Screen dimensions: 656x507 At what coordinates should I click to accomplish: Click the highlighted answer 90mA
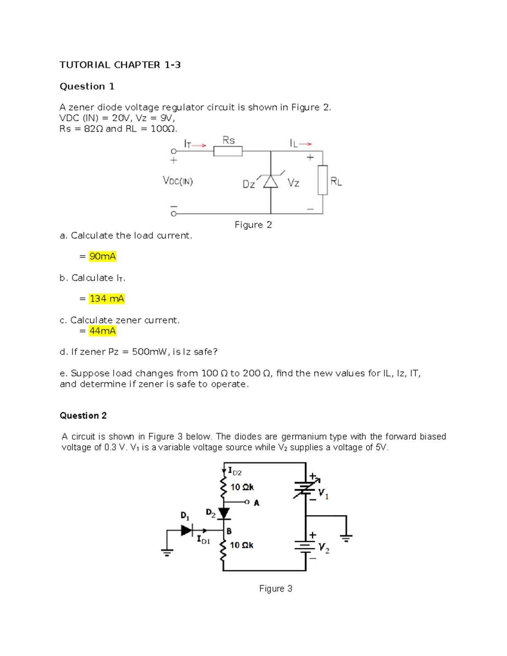(x=102, y=256)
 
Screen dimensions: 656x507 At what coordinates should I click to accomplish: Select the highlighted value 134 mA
(x=107, y=299)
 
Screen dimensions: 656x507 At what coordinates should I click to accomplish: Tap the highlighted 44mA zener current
(x=102, y=331)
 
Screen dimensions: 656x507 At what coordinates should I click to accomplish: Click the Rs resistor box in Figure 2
(x=228, y=151)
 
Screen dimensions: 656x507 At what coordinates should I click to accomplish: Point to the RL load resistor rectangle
(x=323, y=180)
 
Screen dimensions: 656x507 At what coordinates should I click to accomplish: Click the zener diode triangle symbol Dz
(x=271, y=181)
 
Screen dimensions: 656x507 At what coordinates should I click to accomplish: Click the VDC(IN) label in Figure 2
(x=178, y=181)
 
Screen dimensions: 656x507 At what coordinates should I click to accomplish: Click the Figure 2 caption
(x=253, y=225)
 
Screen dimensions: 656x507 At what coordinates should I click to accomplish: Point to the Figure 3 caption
(x=275, y=588)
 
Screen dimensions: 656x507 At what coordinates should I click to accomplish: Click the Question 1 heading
(x=87, y=87)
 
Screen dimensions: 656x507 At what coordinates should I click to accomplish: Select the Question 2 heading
(x=83, y=416)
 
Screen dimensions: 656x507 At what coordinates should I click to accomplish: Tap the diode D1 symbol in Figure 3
(x=186, y=530)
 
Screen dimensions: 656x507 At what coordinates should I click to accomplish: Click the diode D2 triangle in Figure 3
(x=224, y=513)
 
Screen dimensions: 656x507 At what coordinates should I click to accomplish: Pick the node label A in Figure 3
(x=256, y=503)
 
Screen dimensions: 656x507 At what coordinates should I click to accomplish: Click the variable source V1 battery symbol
(x=305, y=488)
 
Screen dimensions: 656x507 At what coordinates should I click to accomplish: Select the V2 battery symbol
(x=305, y=547)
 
